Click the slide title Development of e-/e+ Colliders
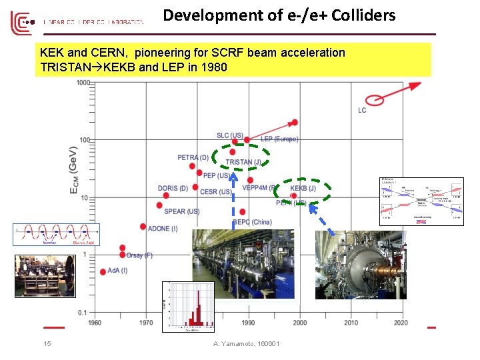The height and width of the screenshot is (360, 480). [279, 15]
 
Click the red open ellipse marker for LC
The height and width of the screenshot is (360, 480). [376, 99]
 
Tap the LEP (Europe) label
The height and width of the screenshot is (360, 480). [279, 139]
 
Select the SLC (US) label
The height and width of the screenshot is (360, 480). [229, 136]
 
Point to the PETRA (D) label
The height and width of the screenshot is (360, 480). [193, 157]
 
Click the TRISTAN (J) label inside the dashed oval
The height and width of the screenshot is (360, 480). [243, 162]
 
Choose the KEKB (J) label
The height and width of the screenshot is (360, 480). [303, 188]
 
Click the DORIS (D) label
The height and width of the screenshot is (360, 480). [173, 188]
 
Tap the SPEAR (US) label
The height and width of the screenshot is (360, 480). [181, 211]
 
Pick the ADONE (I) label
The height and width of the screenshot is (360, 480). [163, 229]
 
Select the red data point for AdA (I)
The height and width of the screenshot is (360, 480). [102, 271]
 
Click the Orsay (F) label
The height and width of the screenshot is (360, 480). [139, 255]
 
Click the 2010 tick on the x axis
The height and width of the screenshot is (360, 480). [351, 323]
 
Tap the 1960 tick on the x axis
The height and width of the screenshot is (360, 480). [95, 323]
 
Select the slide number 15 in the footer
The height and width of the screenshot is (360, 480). [47, 344]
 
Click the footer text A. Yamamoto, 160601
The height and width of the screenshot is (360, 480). [246, 344]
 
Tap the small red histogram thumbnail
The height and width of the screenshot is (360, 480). [189, 306]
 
